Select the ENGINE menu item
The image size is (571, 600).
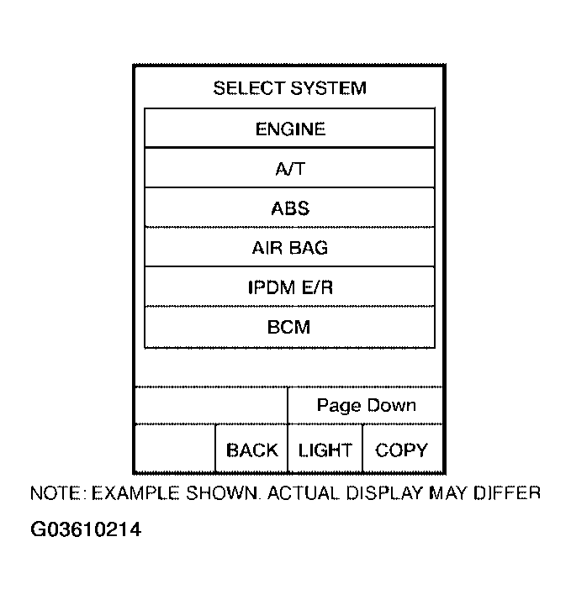pyautogui.click(x=290, y=129)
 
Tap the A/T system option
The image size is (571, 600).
pyautogui.click(x=290, y=169)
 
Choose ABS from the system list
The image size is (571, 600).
pyautogui.click(x=290, y=208)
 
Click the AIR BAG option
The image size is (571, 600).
pyautogui.click(x=290, y=248)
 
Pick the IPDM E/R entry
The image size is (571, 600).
pyautogui.click(x=290, y=287)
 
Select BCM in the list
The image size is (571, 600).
pyautogui.click(x=290, y=327)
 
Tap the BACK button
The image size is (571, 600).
pyautogui.click(x=251, y=450)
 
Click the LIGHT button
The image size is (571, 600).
pyautogui.click(x=325, y=450)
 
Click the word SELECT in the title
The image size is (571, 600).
pyautogui.click(x=250, y=88)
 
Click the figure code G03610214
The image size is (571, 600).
pyautogui.click(x=86, y=530)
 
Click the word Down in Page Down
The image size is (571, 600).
pyautogui.click(x=391, y=406)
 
